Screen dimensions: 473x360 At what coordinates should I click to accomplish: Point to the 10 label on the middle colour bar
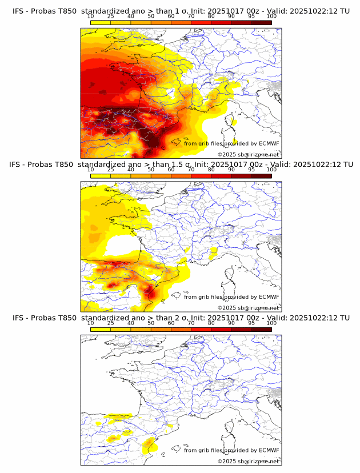(x=91, y=170)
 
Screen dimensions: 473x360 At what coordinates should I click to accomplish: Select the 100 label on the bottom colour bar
(x=271, y=323)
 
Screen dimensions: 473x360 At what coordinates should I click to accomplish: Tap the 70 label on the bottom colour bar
(x=191, y=323)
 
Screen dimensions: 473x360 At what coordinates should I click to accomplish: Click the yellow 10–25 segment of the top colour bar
(x=101, y=22)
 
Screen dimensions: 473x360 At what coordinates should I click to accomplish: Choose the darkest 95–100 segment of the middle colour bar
(x=262, y=175)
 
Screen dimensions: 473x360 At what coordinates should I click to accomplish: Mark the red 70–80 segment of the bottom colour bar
(x=201, y=329)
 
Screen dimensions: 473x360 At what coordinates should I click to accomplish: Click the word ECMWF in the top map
(x=269, y=143)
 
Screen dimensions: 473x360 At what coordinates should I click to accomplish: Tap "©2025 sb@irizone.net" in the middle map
(x=248, y=308)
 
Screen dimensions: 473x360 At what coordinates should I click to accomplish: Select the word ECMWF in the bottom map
(x=269, y=450)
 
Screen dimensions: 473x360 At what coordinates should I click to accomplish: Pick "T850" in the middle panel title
(x=65, y=165)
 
